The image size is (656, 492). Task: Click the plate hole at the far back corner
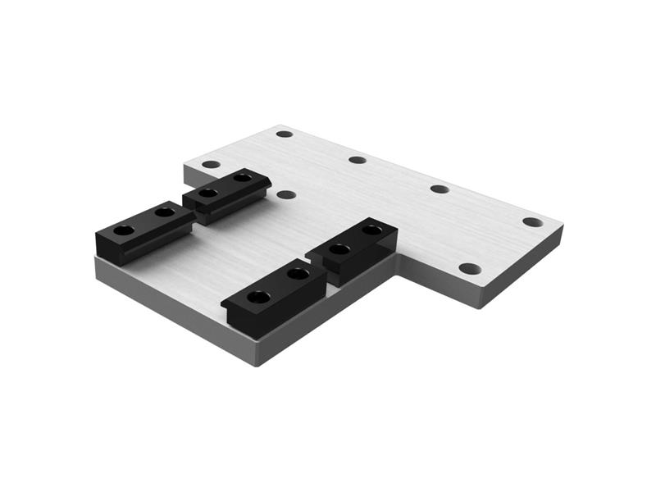click(284, 134)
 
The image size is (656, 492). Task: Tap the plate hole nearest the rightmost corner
click(532, 222)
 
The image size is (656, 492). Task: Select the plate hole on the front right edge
click(469, 268)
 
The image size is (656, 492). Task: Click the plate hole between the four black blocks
click(285, 195)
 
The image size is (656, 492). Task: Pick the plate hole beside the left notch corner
click(211, 164)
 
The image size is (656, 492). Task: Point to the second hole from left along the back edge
click(358, 159)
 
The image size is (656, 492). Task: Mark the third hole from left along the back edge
click(440, 189)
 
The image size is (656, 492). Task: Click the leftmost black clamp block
click(144, 231)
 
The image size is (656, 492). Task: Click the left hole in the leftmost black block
click(123, 230)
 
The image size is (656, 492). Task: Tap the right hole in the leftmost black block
click(164, 212)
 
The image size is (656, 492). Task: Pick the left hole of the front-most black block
click(257, 296)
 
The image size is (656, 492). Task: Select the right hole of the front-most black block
click(298, 274)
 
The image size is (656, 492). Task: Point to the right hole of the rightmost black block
click(371, 231)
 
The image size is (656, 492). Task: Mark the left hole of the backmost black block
click(208, 194)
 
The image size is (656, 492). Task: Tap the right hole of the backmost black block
click(242, 177)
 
